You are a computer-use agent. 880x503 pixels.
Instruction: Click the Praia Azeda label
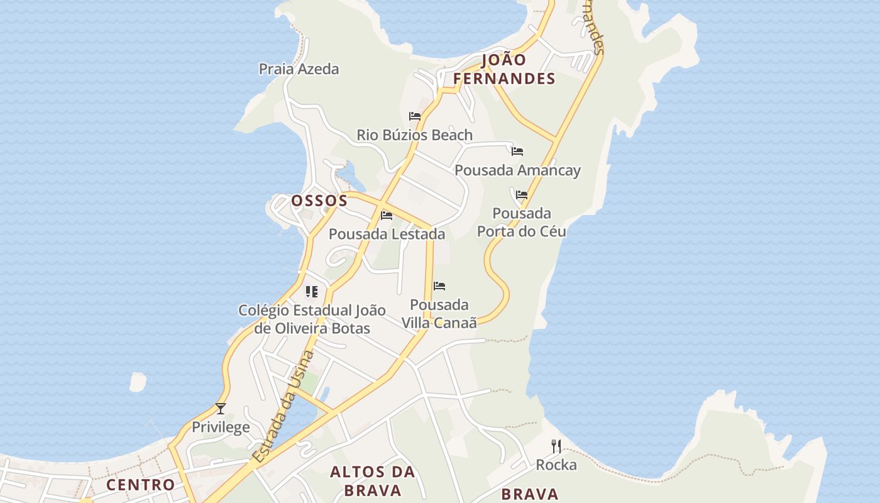299,69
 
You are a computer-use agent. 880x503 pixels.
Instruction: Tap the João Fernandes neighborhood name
504,69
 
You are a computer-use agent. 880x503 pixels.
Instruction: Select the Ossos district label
319,201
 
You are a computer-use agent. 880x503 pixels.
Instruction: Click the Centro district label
140,485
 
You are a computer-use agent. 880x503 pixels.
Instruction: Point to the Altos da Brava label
373,481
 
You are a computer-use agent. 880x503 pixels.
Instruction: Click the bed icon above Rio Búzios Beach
415,116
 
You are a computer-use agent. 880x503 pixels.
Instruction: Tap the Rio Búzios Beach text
414,135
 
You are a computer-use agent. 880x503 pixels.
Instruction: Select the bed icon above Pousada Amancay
517,152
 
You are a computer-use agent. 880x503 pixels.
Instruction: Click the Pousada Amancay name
517,170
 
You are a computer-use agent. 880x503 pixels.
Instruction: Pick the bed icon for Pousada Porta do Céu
522,195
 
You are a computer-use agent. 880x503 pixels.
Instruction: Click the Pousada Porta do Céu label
522,223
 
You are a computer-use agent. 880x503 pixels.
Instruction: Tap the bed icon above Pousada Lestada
387,216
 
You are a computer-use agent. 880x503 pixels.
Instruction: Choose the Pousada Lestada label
387,235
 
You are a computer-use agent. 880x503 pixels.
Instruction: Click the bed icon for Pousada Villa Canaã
439,287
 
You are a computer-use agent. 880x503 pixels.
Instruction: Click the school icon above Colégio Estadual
312,292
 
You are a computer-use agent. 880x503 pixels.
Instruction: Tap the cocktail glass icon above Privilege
221,409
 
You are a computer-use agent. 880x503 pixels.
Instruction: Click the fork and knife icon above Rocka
556,446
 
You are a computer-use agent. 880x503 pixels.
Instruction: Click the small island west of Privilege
138,382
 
